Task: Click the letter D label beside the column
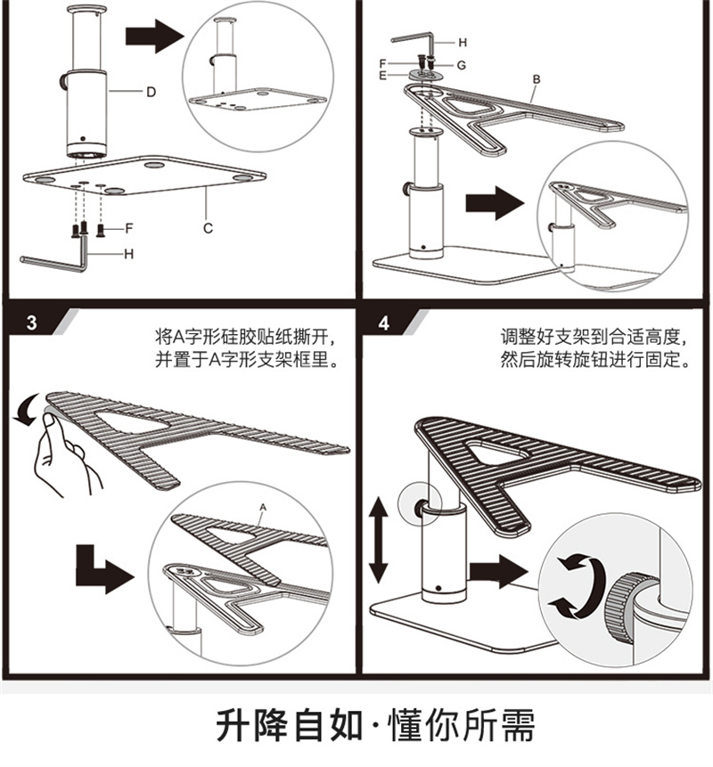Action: (152, 91)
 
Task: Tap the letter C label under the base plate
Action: (207, 228)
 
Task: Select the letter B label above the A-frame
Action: (536, 79)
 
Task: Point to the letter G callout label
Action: (462, 65)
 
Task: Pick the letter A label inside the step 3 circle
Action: (263, 506)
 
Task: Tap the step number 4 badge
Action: (384, 322)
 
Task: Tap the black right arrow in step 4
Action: (498, 571)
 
